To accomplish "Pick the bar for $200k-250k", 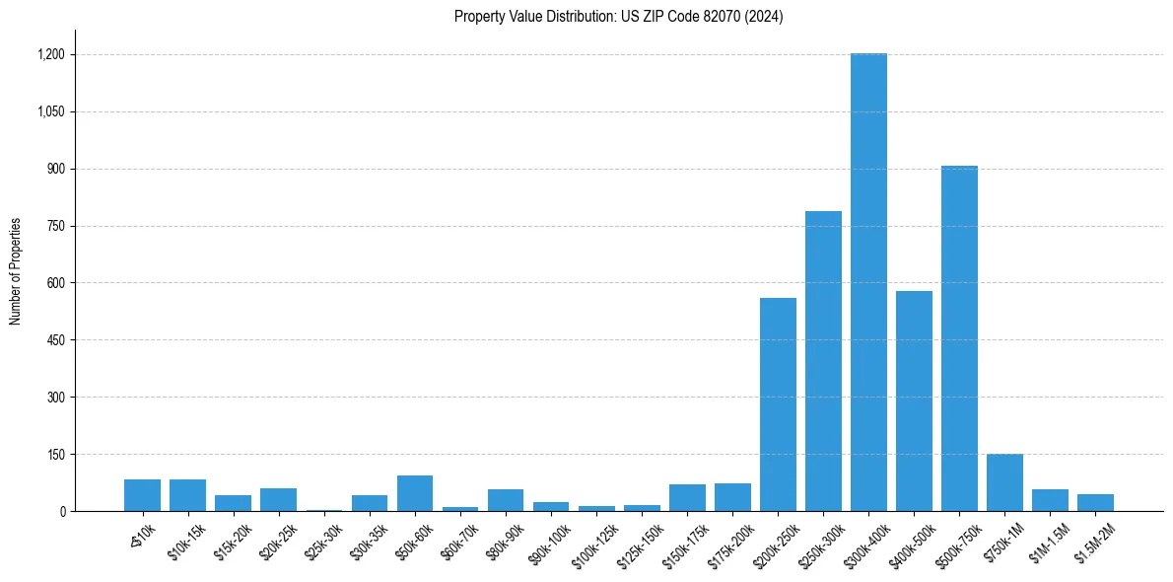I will pos(778,404).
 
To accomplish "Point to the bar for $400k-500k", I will pos(914,400).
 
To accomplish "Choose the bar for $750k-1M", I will pos(1004,482).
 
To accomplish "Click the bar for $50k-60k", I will pos(415,493).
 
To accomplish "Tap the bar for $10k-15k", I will pos(187,495).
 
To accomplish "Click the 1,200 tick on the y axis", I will pos(51,55).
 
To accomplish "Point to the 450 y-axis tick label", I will pos(55,340).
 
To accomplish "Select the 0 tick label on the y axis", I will pos(62,512).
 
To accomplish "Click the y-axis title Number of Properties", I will pos(15,271).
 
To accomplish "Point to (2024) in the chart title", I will pos(765,17).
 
